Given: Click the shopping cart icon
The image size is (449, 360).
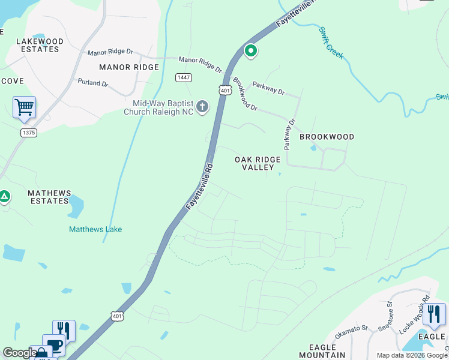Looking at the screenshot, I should click(24, 108).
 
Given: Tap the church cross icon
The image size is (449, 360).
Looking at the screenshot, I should click(202, 107).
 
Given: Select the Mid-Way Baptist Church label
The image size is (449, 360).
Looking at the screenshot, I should click(160, 107).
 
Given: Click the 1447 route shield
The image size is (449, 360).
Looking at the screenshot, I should click(184, 78).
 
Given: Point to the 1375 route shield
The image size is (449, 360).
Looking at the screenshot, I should click(28, 132).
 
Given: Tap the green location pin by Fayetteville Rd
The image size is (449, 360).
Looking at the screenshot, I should click(250, 52).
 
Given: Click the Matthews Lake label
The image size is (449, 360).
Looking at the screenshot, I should click(95, 229).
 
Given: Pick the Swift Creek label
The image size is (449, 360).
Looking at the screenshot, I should click(331, 43).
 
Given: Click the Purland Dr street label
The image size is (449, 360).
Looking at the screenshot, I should click(93, 83).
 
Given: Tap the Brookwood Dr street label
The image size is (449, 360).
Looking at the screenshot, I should click(245, 94).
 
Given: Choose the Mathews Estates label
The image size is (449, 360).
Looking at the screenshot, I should click(49, 197).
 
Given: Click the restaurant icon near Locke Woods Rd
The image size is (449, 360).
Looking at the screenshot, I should click(433, 314).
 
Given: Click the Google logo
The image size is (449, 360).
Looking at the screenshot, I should click(19, 353).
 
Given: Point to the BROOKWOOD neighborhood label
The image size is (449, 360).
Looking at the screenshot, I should click(327, 137).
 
